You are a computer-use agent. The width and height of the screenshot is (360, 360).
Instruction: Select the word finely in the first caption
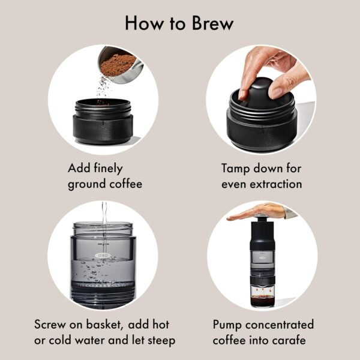click(x=110, y=168)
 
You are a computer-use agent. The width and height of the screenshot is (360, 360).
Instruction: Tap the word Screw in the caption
click(x=50, y=325)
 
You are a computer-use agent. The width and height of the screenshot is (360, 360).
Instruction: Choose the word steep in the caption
click(x=159, y=341)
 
